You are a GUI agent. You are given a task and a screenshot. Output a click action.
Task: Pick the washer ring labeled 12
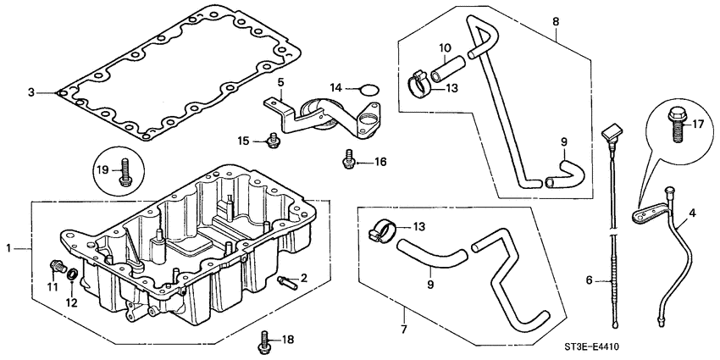click(x=75, y=274)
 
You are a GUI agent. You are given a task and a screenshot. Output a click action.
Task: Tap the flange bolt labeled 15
click(x=273, y=141)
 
